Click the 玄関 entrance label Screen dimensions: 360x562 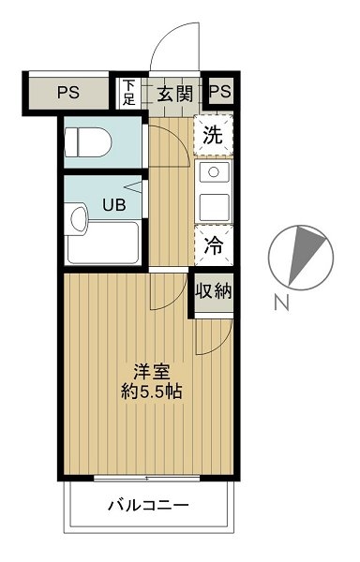pos(175,94)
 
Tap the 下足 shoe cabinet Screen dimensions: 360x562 pos(128,93)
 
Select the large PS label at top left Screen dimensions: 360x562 pos(68,93)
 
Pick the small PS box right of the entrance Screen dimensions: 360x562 pos(220,92)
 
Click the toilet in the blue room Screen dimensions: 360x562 pos(88,142)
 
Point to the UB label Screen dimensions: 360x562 pos(114,204)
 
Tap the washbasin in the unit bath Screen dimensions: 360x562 pos(77,218)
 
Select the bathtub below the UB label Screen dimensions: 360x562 pos(103,243)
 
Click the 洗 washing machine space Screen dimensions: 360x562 pos(214,135)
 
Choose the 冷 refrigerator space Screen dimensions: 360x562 pos(214,245)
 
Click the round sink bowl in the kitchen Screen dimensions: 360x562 pos(214,171)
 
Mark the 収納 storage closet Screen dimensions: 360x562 pos(214,291)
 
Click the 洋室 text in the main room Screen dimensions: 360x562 pos(152,372)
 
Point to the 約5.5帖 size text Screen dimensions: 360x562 pos(152,392)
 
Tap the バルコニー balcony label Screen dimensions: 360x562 pos(148,506)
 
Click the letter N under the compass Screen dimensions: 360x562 pos(281,302)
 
